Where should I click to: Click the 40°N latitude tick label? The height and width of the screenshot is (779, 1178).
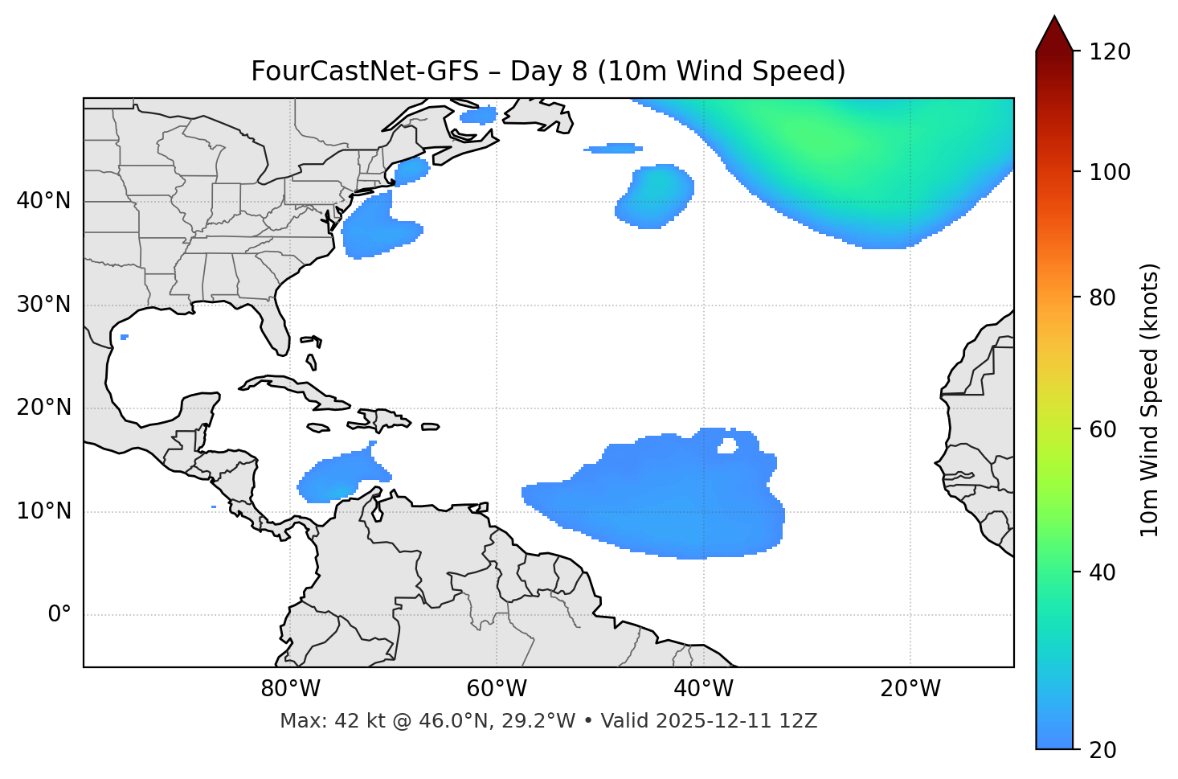pos(43,201)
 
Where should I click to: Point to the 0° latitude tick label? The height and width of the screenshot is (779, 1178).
pos(59,615)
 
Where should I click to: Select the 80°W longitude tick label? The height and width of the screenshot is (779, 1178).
pos(290,689)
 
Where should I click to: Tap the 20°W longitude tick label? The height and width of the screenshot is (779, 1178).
pos(910,689)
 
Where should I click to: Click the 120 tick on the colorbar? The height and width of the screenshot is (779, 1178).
pos(1110,52)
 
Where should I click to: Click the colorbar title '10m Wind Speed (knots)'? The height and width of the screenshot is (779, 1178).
pos(1150,400)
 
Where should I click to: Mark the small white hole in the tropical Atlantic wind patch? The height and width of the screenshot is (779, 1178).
pos(727,445)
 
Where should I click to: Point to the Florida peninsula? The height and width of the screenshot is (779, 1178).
pos(274,326)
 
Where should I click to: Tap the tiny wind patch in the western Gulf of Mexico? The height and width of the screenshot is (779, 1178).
pos(124,337)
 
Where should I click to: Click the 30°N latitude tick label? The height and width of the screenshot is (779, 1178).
pos(43,305)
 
